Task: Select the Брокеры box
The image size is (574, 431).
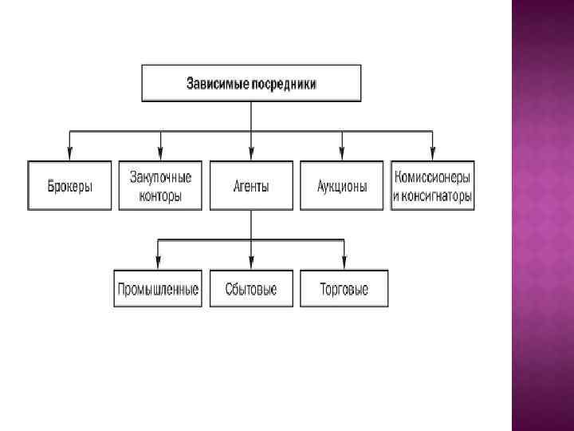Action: tap(69, 186)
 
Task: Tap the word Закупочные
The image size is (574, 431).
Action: tap(160, 177)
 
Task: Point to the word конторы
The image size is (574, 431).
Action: tap(160, 196)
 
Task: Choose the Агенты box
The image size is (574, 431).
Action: tap(251, 186)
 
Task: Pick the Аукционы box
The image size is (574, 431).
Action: tap(342, 186)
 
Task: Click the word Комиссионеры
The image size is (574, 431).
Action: tap(433, 177)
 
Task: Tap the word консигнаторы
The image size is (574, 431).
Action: tap(438, 196)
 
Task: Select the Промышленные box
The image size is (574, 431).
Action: tap(158, 289)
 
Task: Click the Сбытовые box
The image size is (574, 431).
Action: tap(251, 289)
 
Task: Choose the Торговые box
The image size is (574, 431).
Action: tap(344, 289)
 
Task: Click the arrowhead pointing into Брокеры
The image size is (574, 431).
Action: tap(70, 152)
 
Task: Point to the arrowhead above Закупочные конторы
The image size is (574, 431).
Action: tap(160, 152)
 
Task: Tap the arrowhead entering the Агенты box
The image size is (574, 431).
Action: tap(251, 152)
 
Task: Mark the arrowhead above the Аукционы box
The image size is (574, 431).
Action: tap(342, 152)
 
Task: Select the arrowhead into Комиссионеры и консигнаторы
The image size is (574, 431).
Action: tap(433, 152)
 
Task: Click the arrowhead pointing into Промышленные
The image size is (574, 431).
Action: tap(158, 261)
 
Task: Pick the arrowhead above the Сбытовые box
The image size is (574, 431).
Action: tap(251, 261)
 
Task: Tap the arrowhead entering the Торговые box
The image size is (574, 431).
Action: tap(344, 261)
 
